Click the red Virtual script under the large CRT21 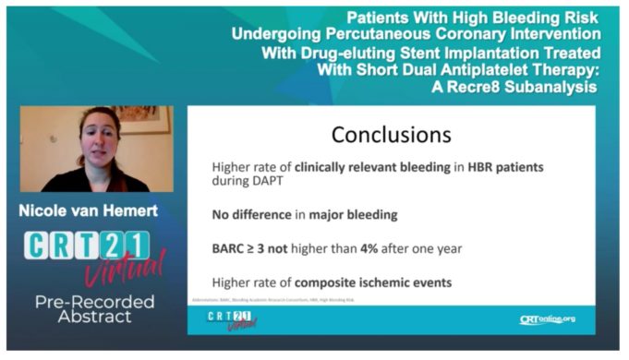(x=127, y=269)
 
